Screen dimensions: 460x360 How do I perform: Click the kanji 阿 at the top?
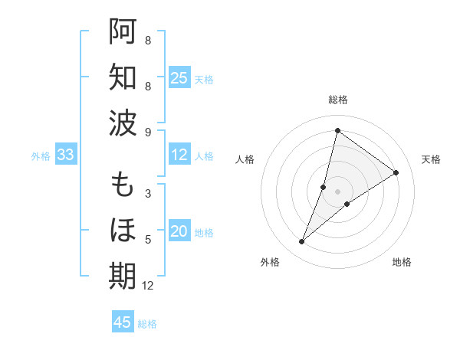coord(123,31)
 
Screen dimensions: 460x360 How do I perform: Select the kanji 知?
coord(123,77)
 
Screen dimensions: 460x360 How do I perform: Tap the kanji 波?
coord(123,123)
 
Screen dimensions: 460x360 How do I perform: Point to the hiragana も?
coord(123,185)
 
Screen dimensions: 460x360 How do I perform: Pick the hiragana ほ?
coord(123,231)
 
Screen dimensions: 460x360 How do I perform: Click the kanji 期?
coord(123,277)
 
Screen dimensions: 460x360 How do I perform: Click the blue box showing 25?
coord(179,78)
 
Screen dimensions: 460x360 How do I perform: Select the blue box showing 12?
coord(179,155)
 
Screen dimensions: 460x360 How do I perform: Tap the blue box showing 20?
coord(179,232)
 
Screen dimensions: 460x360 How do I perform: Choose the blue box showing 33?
coord(65,155)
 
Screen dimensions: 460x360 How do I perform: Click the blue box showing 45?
coord(123,322)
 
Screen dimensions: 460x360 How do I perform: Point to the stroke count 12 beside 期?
coord(148,286)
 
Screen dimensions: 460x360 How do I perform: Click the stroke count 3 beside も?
coord(147,194)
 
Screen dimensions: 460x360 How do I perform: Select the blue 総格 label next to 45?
coord(147,324)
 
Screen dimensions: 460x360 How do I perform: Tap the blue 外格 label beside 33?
coord(41,156)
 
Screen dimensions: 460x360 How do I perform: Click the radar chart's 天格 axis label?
coord(431,159)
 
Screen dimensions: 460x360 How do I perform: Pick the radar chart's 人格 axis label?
coord(245,159)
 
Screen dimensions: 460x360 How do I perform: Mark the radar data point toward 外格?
coord(302,242)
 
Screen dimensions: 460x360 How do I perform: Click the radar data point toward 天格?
coord(396,172)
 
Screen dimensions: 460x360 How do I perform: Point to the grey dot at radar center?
coord(337,191)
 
